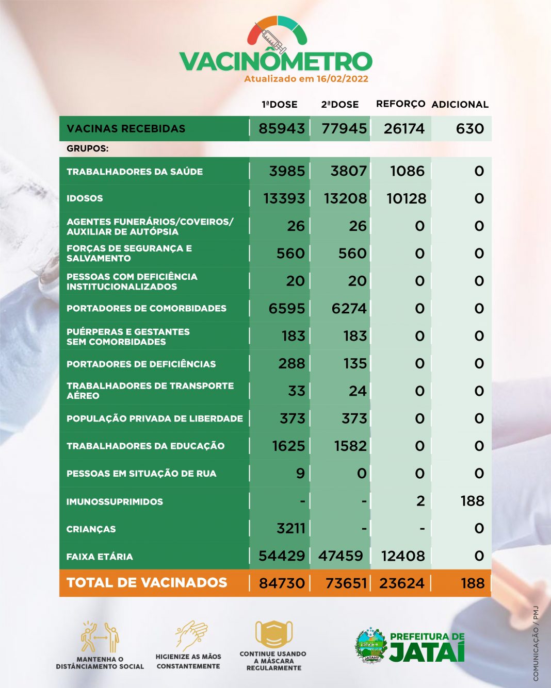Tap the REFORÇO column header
400,104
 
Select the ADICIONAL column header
460,104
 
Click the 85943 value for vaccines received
282,128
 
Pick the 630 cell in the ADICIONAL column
469,128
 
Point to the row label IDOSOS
85,198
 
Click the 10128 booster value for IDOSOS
406,198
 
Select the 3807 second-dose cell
348,171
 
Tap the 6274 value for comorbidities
349,309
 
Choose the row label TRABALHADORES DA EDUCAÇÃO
145,446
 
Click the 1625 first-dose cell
288,446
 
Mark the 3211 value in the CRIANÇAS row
290,528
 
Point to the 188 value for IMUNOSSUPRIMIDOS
472,501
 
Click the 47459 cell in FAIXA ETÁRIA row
341,556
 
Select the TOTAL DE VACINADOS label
147,583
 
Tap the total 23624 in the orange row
401,583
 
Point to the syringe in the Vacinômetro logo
274,41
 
